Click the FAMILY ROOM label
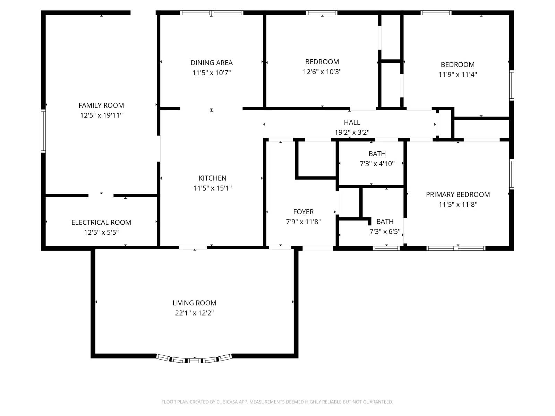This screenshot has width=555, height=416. tap(101, 105)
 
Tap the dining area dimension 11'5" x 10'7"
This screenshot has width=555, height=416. tap(212, 73)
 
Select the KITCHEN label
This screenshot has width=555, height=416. tap(212, 178)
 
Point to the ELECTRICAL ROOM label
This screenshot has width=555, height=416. tap(101, 223)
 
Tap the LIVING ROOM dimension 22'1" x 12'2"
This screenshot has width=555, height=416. tap(194, 313)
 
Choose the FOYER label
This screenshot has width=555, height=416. tap(303, 212)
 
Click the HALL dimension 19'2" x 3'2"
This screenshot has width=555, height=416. tap(352, 132)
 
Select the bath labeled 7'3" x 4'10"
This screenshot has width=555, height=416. tap(377, 159)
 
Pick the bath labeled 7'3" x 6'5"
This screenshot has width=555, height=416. tap(385, 227)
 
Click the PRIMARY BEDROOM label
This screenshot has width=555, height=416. tap(458, 194)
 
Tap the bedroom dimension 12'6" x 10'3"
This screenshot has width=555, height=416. tap(322, 72)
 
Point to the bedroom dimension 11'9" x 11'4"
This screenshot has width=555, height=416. tap(458, 75)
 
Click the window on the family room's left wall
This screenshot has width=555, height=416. tap(43, 131)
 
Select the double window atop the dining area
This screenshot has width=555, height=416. tap(212, 13)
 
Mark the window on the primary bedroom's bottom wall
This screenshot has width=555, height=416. tap(456, 248)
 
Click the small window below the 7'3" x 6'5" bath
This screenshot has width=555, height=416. tap(386, 248)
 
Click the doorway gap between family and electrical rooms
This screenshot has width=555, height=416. tap(101, 196)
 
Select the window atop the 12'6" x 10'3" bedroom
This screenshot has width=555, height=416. tap(322, 13)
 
